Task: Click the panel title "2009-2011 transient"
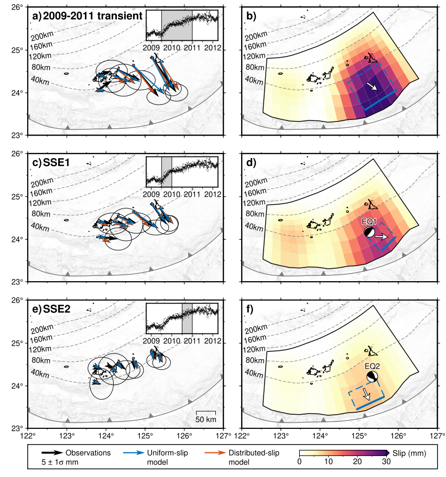coord(93,16)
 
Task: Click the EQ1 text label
coord(370,222)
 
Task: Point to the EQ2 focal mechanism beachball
coord(372,377)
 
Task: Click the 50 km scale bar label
coord(206,420)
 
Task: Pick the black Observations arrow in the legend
coord(53,452)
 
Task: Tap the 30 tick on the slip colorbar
coord(386,462)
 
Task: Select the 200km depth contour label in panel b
coord(256,36)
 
